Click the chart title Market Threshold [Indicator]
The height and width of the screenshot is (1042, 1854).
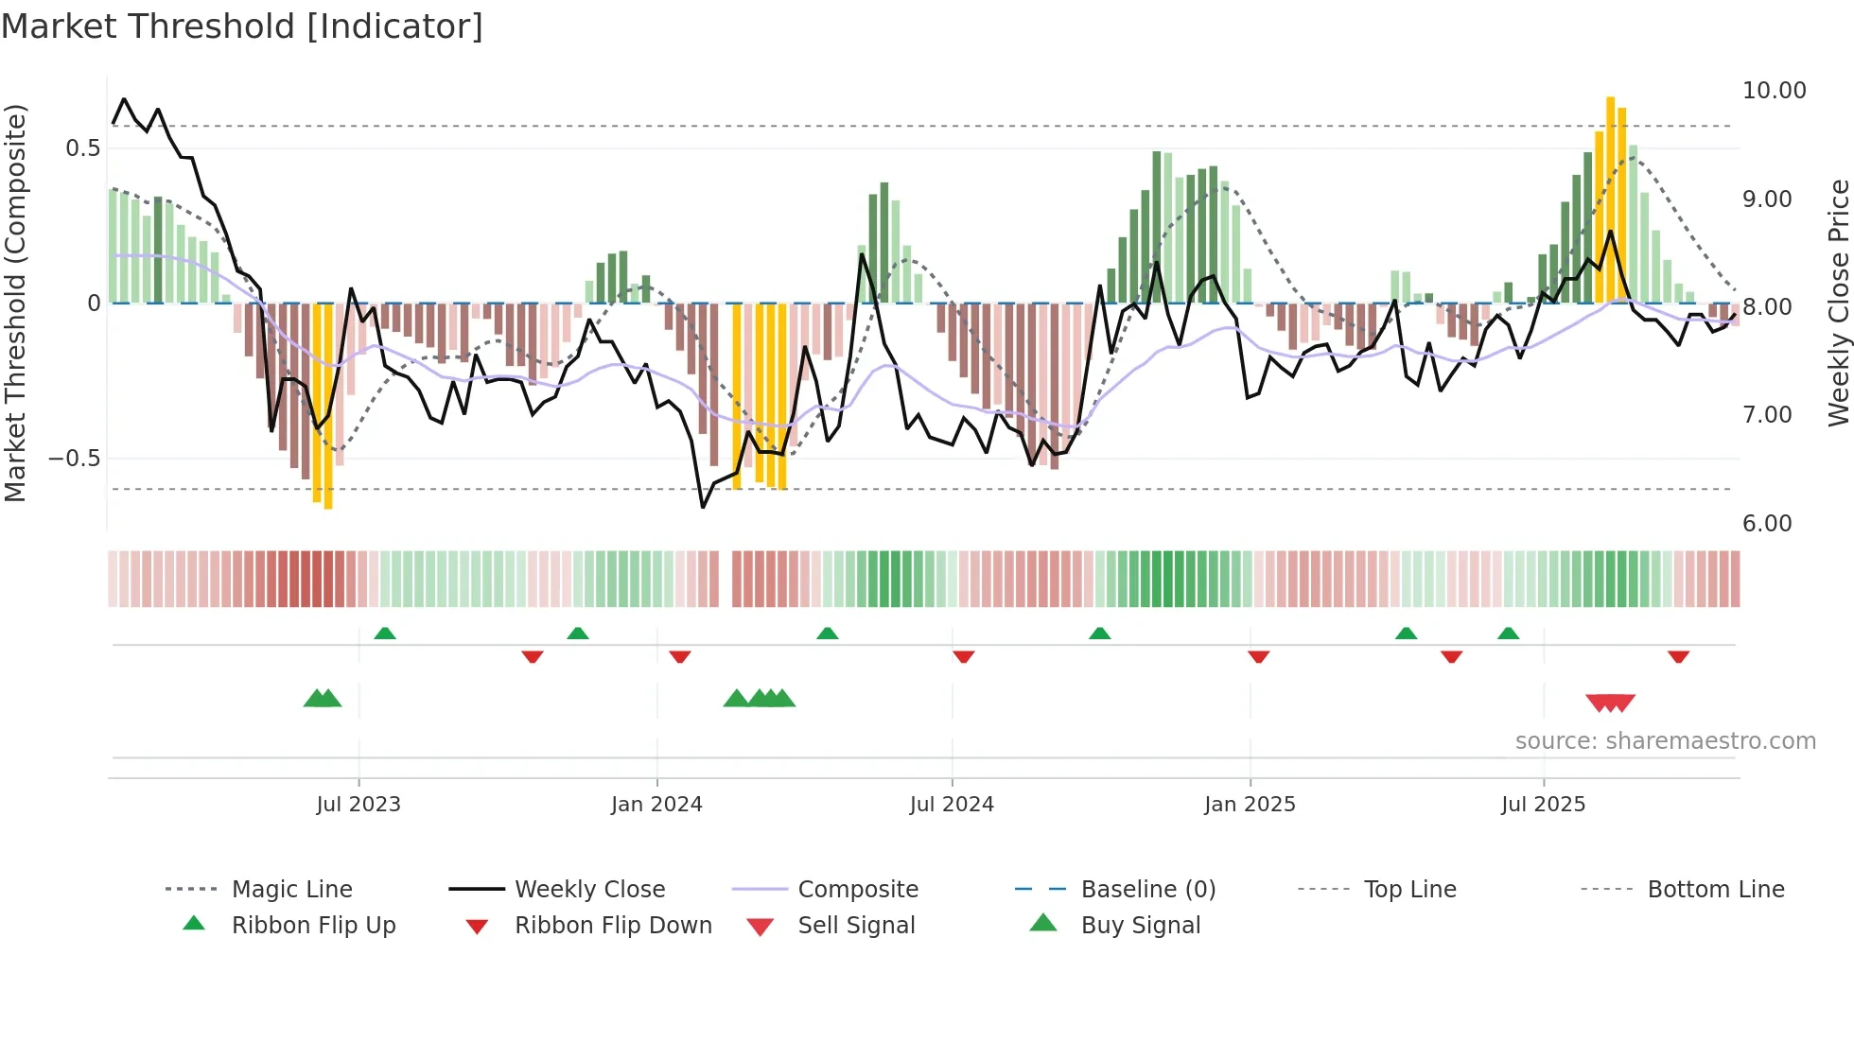242,26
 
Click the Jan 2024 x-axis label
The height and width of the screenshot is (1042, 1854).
656,805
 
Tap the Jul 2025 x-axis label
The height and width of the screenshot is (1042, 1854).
1543,805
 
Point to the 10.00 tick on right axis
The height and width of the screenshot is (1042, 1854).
1774,91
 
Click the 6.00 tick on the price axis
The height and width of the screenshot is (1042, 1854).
1767,524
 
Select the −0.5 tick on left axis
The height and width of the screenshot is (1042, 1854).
74,459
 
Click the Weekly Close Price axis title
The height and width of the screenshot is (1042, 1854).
1838,303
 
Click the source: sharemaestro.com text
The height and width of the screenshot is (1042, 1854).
1665,741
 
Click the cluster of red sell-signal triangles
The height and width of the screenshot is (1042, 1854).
1610,703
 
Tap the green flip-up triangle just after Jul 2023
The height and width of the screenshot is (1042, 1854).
385,634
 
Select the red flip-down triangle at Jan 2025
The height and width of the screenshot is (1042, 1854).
1258,656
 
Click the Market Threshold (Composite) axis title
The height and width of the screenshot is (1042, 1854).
15,303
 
